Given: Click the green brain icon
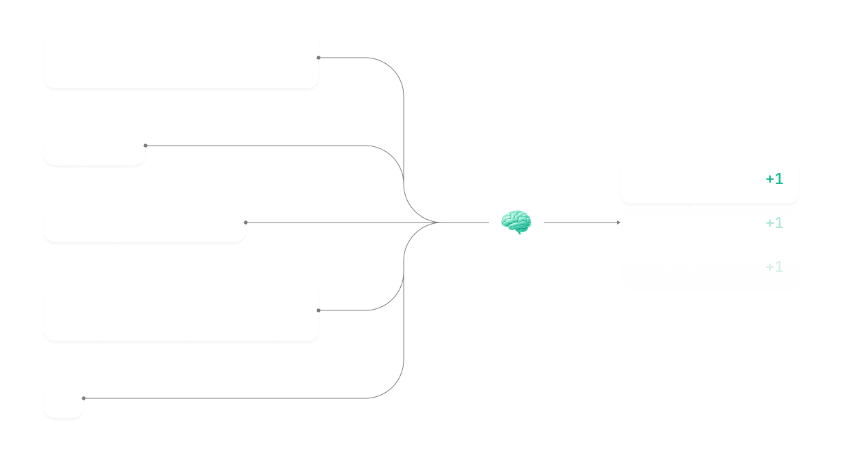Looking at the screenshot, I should tap(516, 222).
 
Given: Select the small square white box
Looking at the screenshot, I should tap(64, 398).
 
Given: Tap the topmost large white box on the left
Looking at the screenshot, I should tap(181, 58).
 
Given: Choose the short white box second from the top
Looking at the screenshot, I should tap(95, 146).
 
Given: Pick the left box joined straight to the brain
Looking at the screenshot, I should tap(144, 223).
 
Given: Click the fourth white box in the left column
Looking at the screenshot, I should tap(181, 310).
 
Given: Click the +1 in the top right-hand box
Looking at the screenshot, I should tap(774, 179).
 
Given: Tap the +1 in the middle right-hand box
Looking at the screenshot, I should tap(774, 223).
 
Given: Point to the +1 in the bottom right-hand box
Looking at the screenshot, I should tap(774, 267).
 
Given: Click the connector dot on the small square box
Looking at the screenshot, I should tap(84, 398).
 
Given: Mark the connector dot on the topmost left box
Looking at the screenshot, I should tap(319, 58).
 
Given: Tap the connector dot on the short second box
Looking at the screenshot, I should tap(146, 146).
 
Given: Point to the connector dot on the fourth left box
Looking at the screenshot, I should tap(319, 310).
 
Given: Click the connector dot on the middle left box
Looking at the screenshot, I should tap(246, 223).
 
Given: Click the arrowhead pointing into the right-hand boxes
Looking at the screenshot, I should tap(618, 223).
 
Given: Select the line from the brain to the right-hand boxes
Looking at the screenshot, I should tap(580, 223).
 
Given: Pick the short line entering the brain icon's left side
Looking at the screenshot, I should tap(463, 223).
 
